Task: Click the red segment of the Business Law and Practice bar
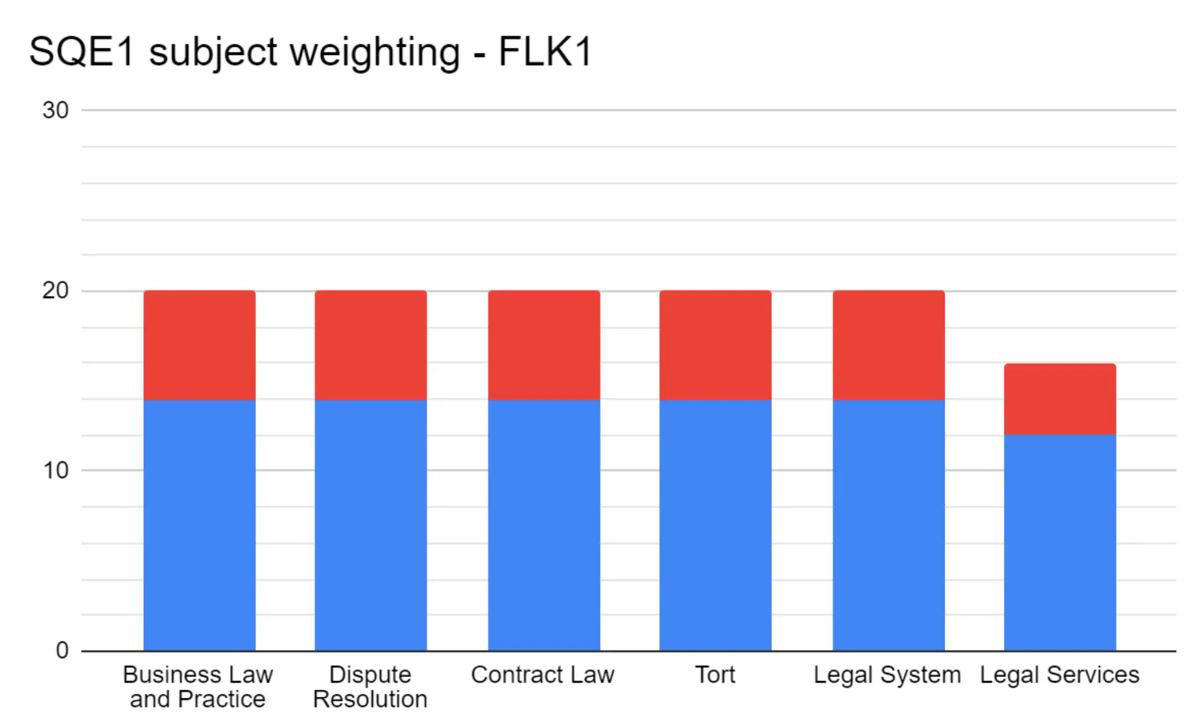(x=199, y=345)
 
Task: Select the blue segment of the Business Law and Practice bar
(x=199, y=525)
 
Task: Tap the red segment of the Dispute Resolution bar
(x=370, y=345)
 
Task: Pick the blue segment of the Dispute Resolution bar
(x=370, y=525)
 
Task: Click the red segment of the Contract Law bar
(x=544, y=345)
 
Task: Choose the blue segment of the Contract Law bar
(x=544, y=525)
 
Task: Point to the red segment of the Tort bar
(x=715, y=345)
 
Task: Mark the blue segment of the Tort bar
(x=715, y=525)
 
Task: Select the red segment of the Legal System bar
(x=889, y=345)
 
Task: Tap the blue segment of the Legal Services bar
(x=1060, y=542)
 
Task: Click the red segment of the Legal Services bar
(x=1060, y=399)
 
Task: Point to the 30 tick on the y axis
(x=55, y=110)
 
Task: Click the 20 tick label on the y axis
(x=55, y=290)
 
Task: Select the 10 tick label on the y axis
(x=55, y=471)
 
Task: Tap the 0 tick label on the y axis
(x=62, y=650)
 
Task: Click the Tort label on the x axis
(x=715, y=675)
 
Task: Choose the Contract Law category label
(x=543, y=675)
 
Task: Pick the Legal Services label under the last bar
(x=1060, y=675)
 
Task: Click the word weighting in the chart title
(x=374, y=52)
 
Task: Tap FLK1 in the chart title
(x=545, y=52)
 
